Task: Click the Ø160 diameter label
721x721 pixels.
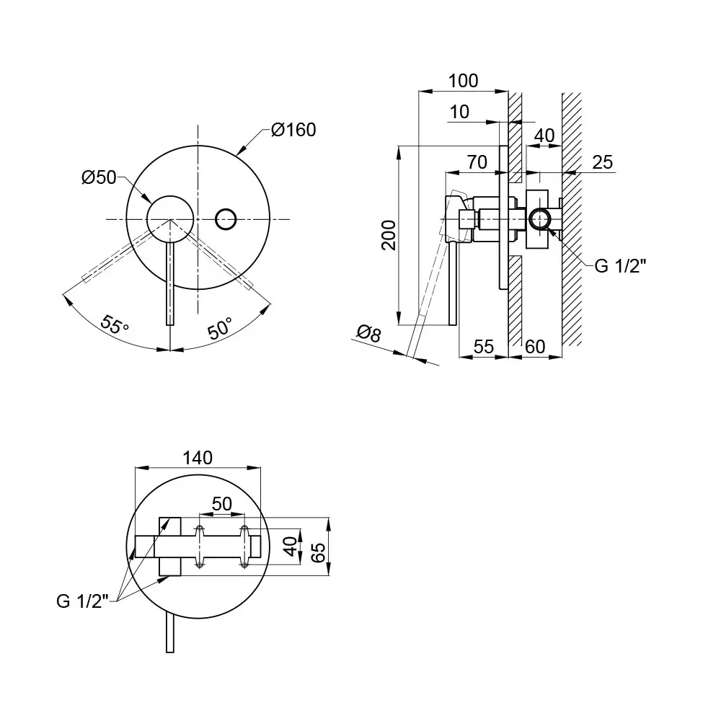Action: click(293, 131)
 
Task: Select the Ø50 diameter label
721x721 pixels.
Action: click(99, 177)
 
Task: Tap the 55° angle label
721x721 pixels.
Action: click(115, 324)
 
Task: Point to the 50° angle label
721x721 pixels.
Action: click(221, 329)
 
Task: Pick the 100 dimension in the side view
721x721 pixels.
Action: click(463, 81)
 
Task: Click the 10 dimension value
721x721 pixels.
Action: click(459, 112)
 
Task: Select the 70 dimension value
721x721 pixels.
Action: click(477, 162)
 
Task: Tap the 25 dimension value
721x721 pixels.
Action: click(602, 162)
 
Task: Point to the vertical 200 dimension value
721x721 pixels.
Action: click(389, 235)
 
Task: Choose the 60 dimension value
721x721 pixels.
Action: click(534, 346)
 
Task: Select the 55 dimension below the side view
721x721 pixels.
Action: click(483, 346)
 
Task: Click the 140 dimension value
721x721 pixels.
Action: click(198, 457)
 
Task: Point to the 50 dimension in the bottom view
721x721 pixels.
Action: click(222, 503)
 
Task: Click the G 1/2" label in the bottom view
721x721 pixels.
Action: click(81, 600)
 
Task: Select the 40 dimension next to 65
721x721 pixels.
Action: click(290, 547)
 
